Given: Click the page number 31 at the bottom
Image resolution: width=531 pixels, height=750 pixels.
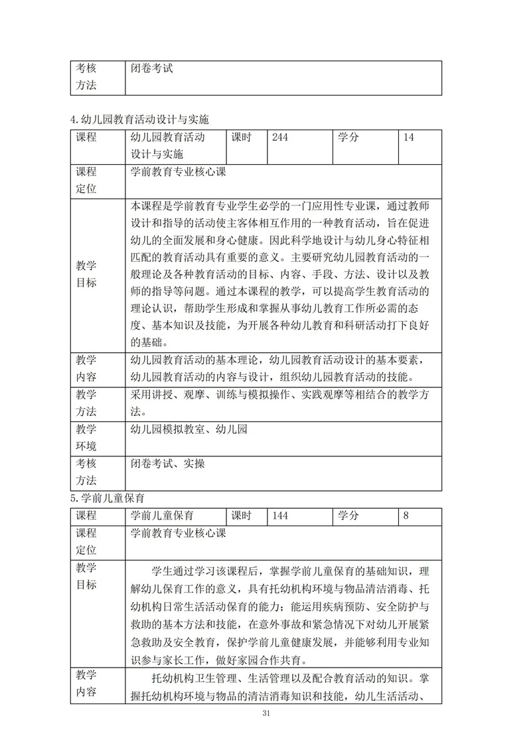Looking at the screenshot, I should click(x=265, y=713).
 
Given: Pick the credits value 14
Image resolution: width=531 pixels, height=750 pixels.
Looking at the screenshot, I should click(x=409, y=138).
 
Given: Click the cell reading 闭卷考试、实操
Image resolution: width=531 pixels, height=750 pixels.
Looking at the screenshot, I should click(x=168, y=464).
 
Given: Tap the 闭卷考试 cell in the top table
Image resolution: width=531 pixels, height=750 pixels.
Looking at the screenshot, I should click(x=153, y=68).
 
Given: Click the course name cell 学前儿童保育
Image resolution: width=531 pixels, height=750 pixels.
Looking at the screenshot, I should click(x=162, y=516).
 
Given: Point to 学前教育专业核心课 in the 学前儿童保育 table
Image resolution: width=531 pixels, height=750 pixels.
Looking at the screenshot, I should click(x=179, y=533).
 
